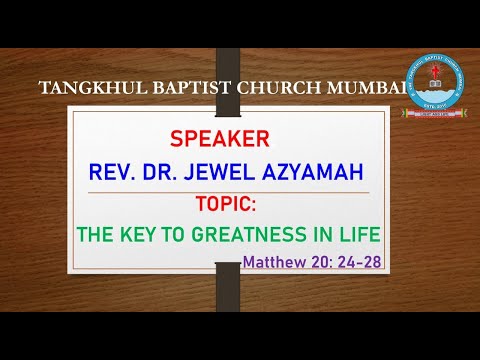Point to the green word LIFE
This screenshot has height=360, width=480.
tap(355, 238)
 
